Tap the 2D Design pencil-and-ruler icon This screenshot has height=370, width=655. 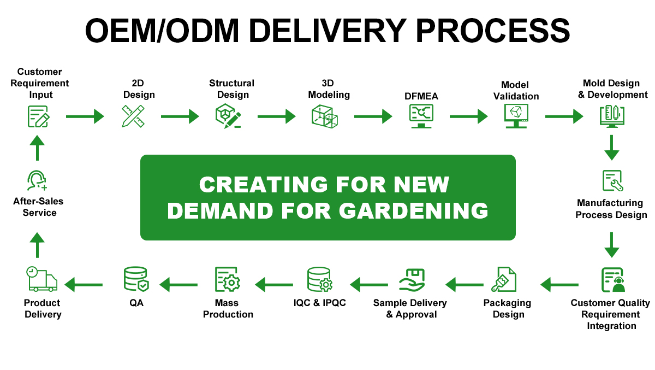133,116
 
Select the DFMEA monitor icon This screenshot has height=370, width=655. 421,116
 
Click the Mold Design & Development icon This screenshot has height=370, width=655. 611,116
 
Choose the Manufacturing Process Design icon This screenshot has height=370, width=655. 612,181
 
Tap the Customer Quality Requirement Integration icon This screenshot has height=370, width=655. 612,280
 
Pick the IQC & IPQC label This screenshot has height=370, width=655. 319,303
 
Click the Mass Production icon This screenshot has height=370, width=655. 228,280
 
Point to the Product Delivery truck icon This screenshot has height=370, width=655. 41,280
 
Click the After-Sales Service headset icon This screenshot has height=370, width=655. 37,181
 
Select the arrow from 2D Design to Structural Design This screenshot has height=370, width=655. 180,116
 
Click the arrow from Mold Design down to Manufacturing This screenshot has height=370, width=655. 612,147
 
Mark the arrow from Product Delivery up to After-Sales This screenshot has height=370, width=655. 37,244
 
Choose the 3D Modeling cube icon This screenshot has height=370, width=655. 325,116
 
